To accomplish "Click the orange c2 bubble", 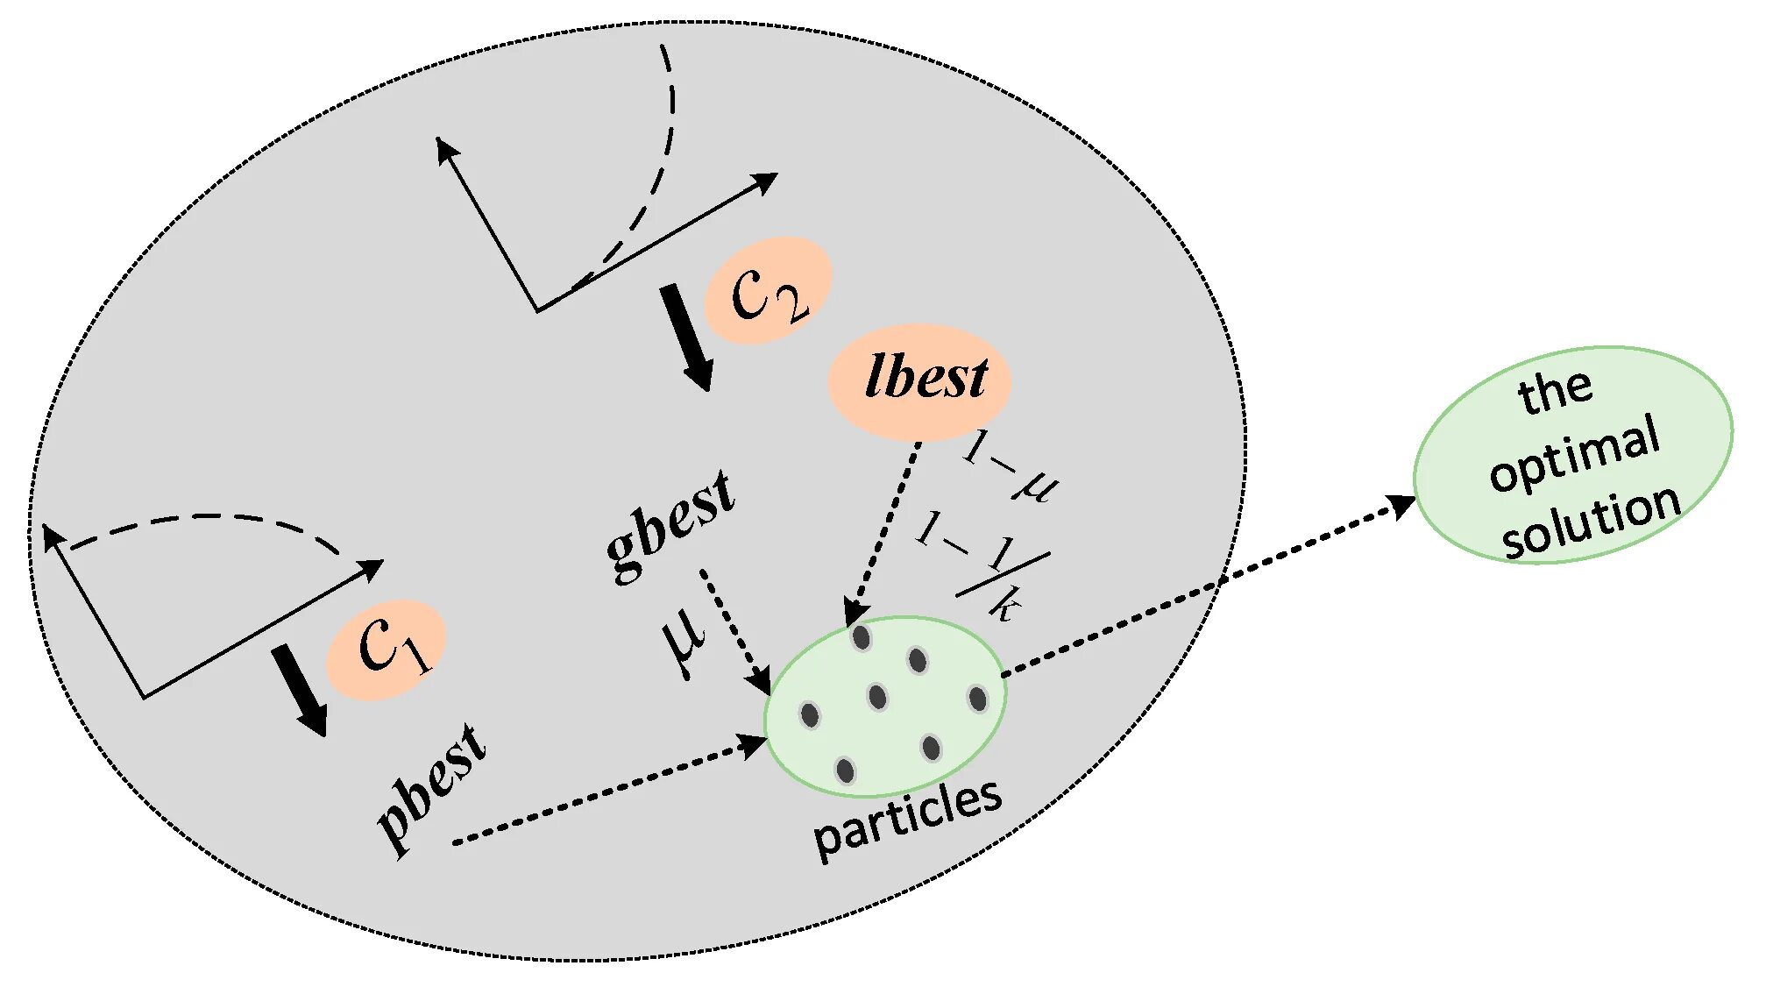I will pos(768,290).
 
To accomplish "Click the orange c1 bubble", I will pos(387,650).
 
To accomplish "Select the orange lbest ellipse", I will pos(919,381).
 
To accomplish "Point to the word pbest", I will pos(432,788).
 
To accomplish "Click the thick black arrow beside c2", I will pos(686,337).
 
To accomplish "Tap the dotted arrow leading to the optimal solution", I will pos(1209,587).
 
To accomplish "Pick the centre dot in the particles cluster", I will pos(877,697).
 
